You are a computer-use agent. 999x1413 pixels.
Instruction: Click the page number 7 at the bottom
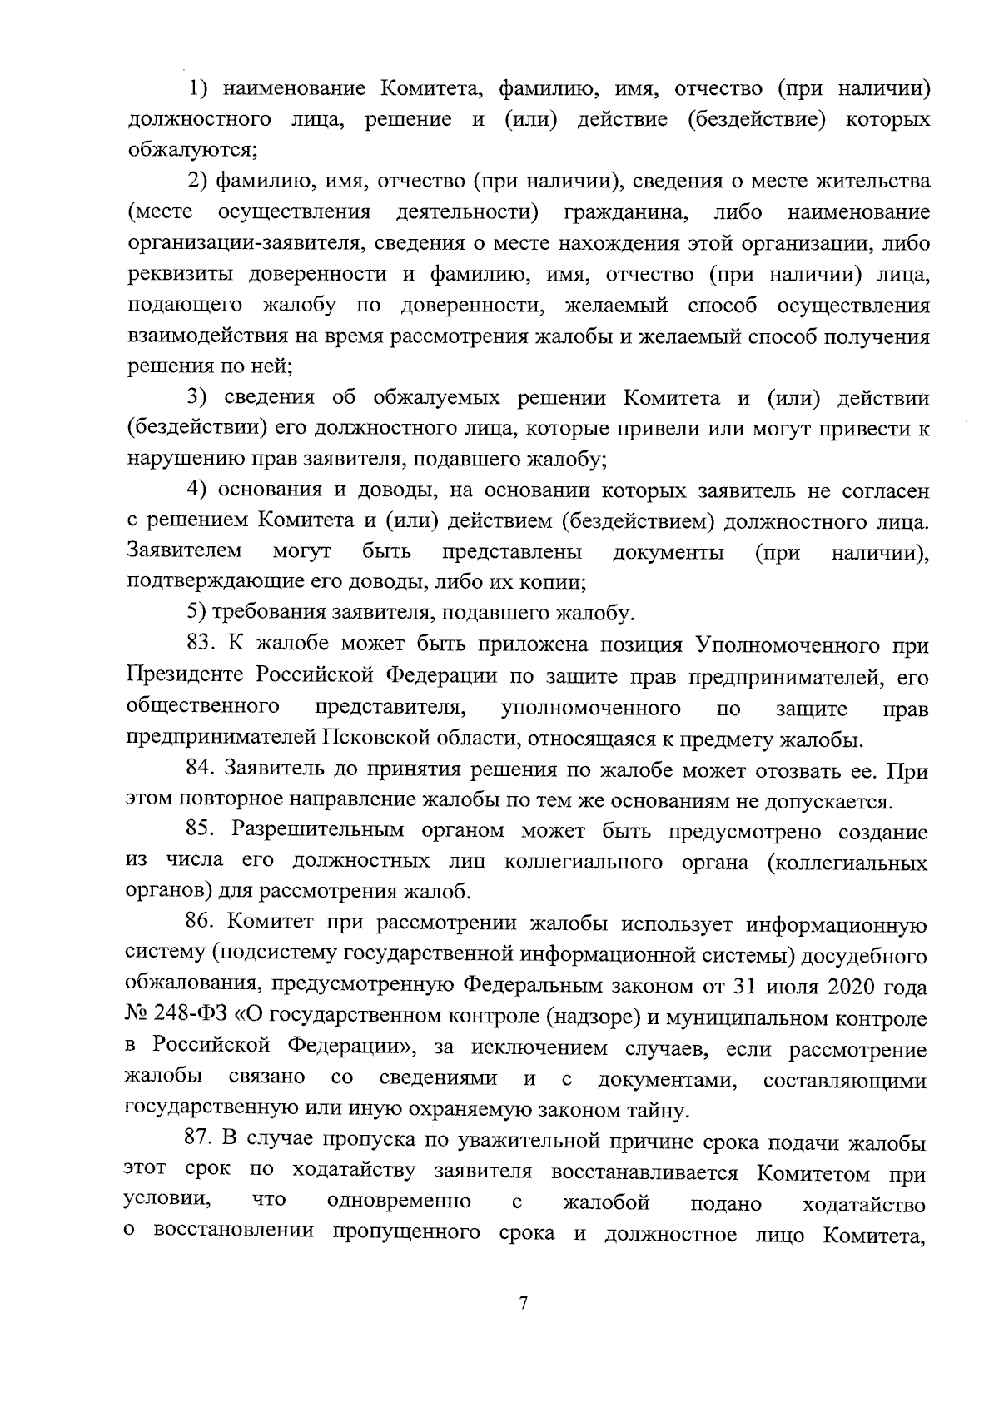click(523, 1305)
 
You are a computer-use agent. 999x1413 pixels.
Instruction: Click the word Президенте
click(187, 676)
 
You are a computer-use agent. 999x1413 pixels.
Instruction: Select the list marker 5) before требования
click(196, 614)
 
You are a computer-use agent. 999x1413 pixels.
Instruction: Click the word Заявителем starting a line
click(184, 551)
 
